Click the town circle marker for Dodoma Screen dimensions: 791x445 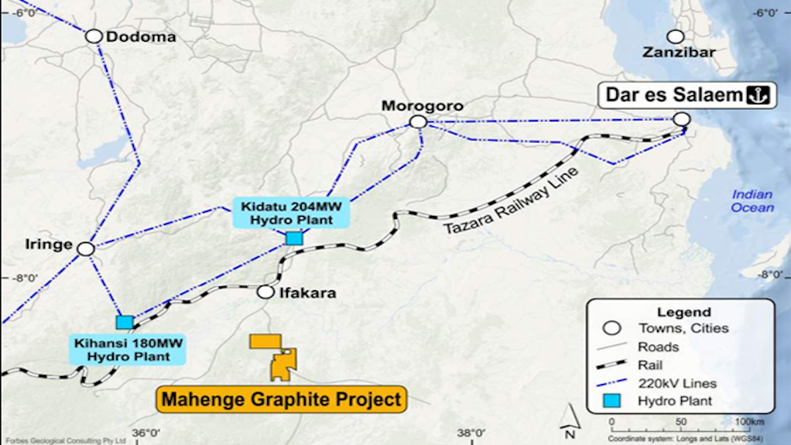point(94,36)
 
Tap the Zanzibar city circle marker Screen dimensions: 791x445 point(676,36)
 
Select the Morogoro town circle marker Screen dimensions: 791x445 point(418,122)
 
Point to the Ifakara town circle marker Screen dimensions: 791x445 point(265,292)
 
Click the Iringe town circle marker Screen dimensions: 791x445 point(85,248)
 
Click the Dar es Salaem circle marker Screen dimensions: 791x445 point(681,118)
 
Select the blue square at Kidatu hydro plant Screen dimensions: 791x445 point(293,238)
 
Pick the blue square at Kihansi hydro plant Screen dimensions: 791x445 point(123,321)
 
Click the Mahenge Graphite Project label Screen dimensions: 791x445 point(282,399)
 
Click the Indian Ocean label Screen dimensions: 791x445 point(752,201)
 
